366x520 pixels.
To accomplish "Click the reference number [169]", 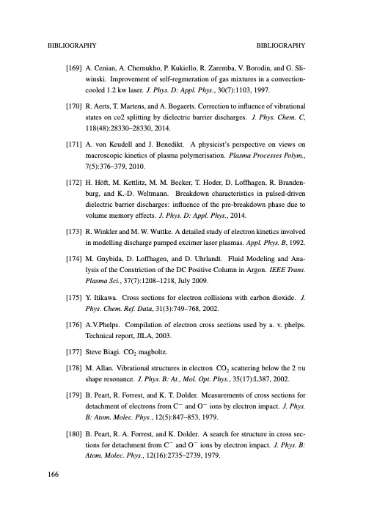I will click(75, 66).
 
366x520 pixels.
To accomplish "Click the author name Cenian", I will click(106, 66).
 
